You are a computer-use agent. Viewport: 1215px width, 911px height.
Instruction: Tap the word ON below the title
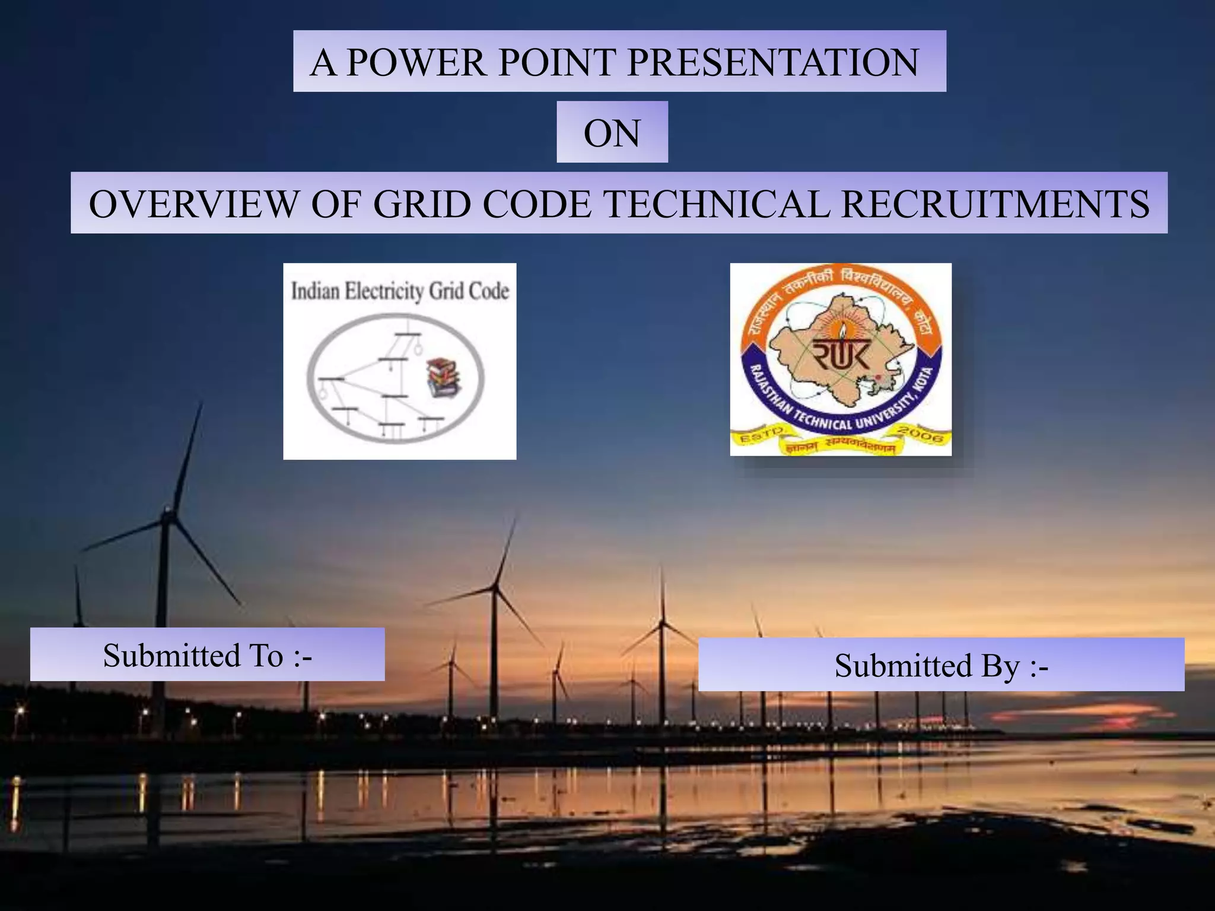(x=612, y=133)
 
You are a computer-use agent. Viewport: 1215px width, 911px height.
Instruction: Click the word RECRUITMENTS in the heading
(x=995, y=204)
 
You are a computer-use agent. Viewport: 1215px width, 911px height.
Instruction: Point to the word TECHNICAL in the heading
(x=716, y=204)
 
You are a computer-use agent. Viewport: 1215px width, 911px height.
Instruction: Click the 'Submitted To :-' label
(x=207, y=655)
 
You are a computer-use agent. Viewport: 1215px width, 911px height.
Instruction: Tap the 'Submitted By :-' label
(x=941, y=665)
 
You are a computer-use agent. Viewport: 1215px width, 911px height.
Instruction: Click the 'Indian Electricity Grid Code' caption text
(x=400, y=291)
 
